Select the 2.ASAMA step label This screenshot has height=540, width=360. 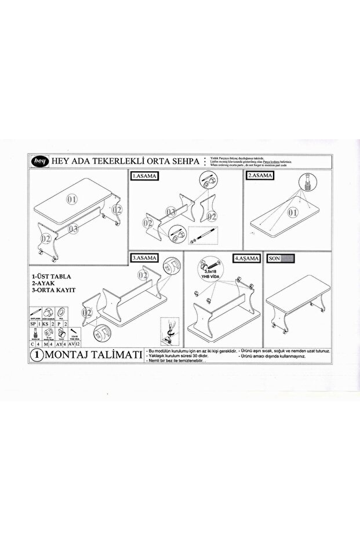click(x=260, y=175)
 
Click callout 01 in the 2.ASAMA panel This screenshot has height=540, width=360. click(x=292, y=212)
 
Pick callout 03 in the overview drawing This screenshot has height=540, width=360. click(x=73, y=229)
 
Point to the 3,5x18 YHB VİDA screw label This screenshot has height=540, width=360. click(x=212, y=273)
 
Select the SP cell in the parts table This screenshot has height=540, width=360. click(x=33, y=322)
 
